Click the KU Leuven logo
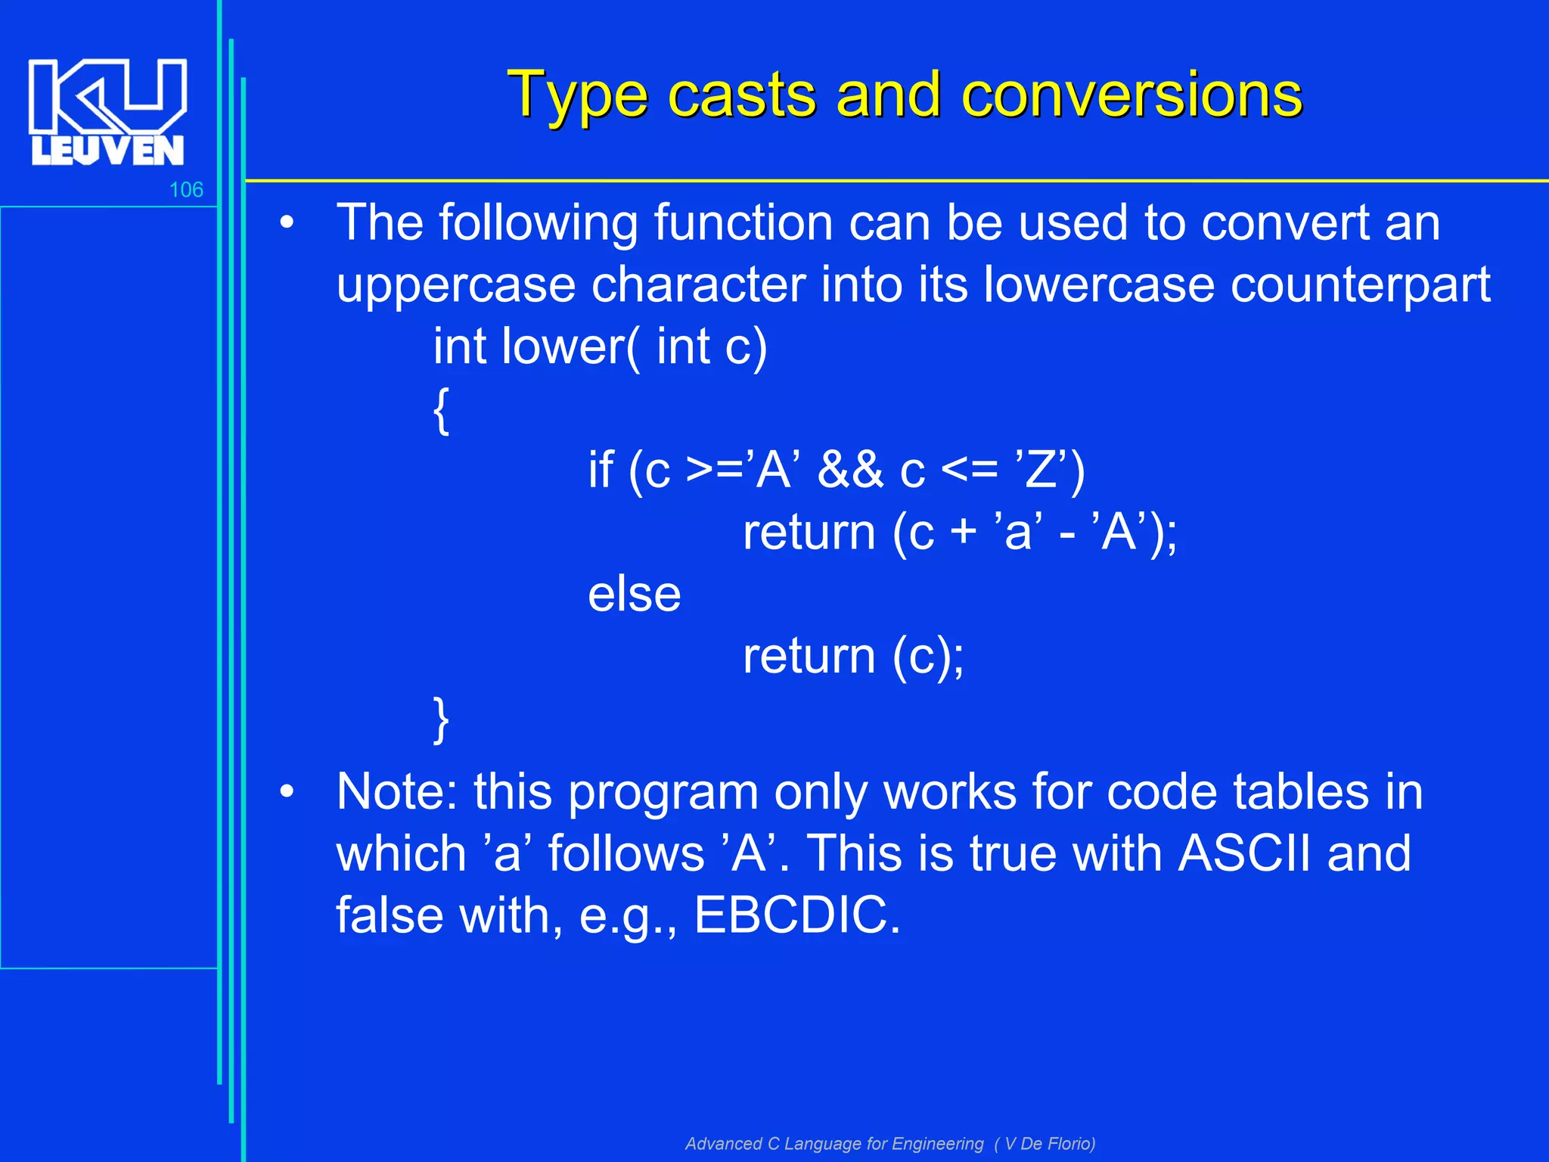(107, 111)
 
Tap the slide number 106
(186, 190)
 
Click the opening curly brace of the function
(442, 410)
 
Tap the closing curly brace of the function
(442, 719)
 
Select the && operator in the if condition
(850, 470)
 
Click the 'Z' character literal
(1041, 470)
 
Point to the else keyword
(634, 594)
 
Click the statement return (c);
(852, 656)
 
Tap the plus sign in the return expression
(963, 532)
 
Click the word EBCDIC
(796, 915)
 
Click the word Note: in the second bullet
(396, 792)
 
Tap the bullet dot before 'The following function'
(286, 223)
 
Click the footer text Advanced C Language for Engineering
(833, 1144)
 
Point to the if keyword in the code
(601, 470)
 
